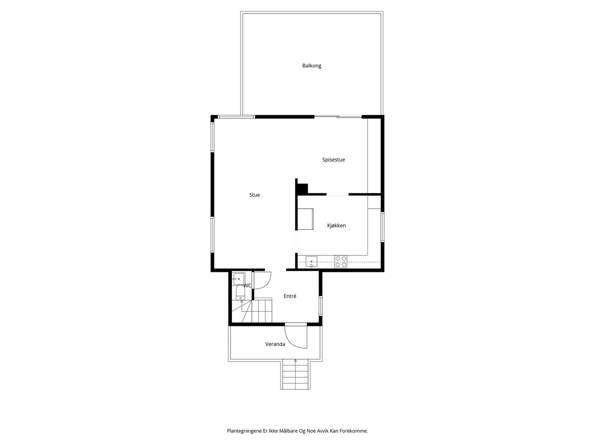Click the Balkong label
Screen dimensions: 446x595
point(312,66)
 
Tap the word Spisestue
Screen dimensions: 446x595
point(334,160)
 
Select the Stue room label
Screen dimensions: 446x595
point(255,195)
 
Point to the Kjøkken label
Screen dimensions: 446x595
point(337,226)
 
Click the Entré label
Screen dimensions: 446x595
point(290,296)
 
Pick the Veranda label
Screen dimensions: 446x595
point(275,344)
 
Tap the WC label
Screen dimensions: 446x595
point(247,285)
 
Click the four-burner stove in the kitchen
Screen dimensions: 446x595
point(341,262)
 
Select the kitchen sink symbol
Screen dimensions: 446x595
point(311,261)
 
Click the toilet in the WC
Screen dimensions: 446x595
point(240,293)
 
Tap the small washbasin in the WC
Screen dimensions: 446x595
point(238,278)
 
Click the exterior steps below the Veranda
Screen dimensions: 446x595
point(295,375)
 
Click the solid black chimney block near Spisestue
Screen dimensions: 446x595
point(303,188)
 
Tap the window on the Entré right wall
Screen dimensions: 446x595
point(320,306)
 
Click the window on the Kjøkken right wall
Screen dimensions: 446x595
point(382,227)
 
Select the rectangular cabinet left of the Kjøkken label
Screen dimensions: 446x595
point(305,219)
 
